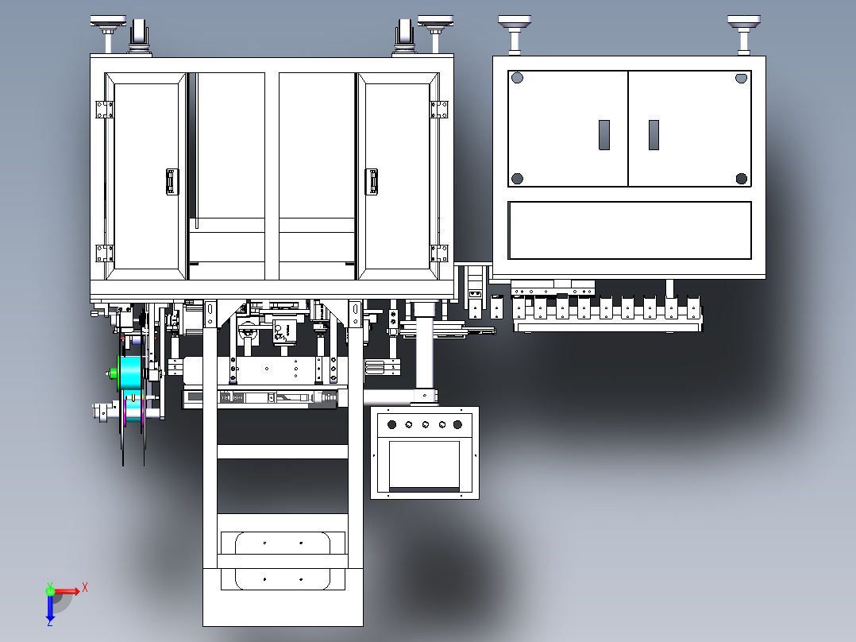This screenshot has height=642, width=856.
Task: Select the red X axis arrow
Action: (68, 590)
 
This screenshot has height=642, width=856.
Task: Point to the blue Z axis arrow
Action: (49, 607)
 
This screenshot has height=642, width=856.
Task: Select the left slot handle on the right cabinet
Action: (603, 135)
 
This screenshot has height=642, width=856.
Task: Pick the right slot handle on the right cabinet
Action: (654, 135)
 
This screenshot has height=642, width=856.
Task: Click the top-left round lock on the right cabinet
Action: (518, 78)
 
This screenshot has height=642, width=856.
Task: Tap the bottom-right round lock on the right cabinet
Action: (741, 178)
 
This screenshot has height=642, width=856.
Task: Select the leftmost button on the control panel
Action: (389, 424)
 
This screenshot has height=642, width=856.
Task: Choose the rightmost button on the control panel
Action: (457, 424)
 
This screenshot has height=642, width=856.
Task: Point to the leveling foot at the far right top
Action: (743, 24)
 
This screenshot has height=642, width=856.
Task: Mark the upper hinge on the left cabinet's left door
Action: (101, 109)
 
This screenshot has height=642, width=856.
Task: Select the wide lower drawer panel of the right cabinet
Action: (629, 230)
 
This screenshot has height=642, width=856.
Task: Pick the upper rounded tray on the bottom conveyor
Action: (283, 543)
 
